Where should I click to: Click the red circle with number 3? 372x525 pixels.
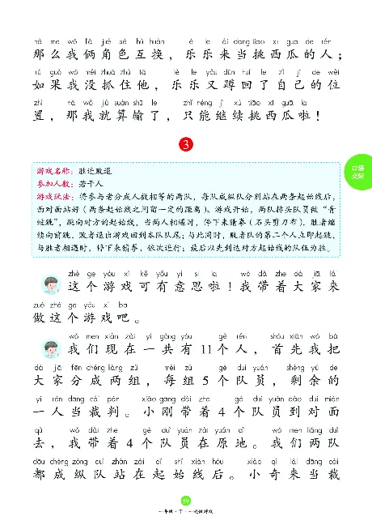point(187,145)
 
